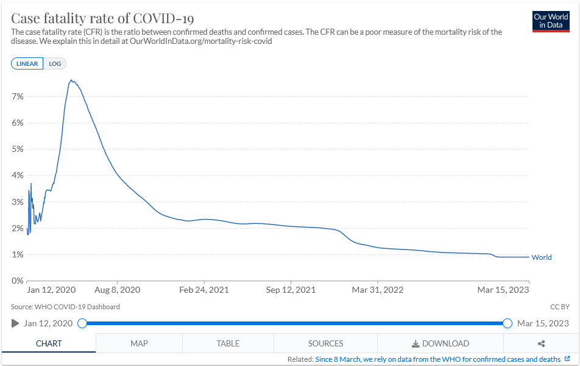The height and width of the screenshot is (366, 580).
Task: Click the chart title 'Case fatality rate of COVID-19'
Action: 103,18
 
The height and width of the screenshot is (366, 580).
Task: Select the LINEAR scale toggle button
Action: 27,63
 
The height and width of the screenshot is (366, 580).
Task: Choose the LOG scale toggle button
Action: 55,63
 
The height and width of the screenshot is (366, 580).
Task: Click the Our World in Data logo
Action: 551,21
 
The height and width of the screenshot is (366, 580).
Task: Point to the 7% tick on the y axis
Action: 17,96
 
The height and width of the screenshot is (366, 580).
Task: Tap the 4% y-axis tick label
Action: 17,176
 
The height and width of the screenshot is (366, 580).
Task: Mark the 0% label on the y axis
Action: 17,281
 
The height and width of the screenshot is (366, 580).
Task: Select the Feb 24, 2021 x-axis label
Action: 204,290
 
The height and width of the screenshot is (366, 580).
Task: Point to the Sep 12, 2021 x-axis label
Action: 291,290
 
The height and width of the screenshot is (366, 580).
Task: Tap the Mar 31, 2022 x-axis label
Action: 378,290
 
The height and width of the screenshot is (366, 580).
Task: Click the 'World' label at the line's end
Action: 542,257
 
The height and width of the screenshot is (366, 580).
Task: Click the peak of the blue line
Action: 71,80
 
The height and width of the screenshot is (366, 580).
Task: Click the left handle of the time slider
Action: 82,323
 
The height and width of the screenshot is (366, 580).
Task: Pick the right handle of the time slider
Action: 507,323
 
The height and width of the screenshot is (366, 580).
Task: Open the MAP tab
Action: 139,343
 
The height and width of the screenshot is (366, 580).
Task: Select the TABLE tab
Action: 228,343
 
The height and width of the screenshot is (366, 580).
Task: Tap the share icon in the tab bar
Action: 542,343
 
